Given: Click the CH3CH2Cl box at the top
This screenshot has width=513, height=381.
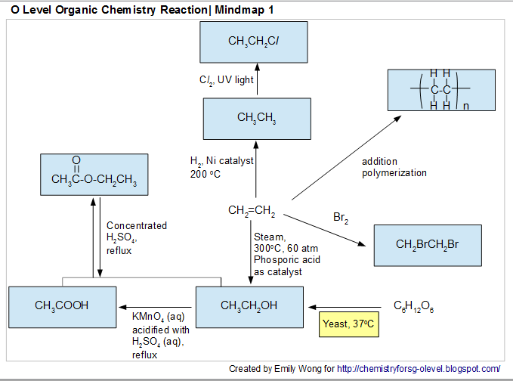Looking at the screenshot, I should [256, 42].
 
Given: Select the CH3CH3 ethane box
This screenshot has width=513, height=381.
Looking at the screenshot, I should [256, 119].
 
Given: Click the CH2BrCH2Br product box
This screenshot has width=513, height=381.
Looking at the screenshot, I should [428, 245].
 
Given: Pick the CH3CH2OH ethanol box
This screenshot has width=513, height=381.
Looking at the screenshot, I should [249, 305].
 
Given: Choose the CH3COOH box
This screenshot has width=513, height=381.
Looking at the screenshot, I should [62, 305].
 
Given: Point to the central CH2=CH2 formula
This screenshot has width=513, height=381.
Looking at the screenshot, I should [252, 210].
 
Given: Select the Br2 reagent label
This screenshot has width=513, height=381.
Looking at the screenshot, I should [341, 218].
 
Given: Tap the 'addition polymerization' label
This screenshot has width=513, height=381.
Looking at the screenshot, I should [394, 168].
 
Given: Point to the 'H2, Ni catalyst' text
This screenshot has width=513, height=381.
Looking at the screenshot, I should [222, 161].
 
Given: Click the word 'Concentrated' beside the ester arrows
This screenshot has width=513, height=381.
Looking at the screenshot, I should [137, 226].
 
